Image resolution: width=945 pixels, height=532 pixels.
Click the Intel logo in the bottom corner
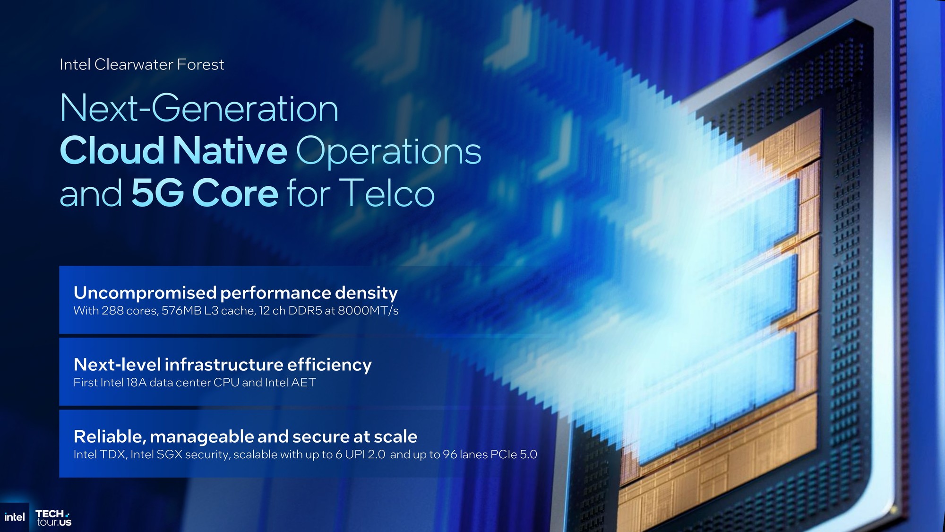coord(14,517)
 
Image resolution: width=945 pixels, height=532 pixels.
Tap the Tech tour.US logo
coord(53,518)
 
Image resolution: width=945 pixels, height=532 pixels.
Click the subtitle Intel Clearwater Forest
coord(142,64)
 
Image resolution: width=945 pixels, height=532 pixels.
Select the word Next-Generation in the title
coord(199,108)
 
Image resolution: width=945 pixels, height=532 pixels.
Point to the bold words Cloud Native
coord(173,151)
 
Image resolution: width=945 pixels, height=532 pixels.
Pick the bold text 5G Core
coord(205,193)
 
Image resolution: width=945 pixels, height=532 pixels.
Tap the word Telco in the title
coord(387,193)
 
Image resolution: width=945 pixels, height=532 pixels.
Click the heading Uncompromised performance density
coord(236,293)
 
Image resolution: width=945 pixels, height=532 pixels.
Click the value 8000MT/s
coord(368,311)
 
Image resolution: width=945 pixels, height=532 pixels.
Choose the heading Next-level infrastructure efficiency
coord(223,365)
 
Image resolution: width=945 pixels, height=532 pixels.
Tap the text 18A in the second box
coord(137,383)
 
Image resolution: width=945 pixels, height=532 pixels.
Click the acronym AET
coord(303,383)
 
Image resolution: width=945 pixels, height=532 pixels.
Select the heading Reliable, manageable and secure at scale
coord(246,437)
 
